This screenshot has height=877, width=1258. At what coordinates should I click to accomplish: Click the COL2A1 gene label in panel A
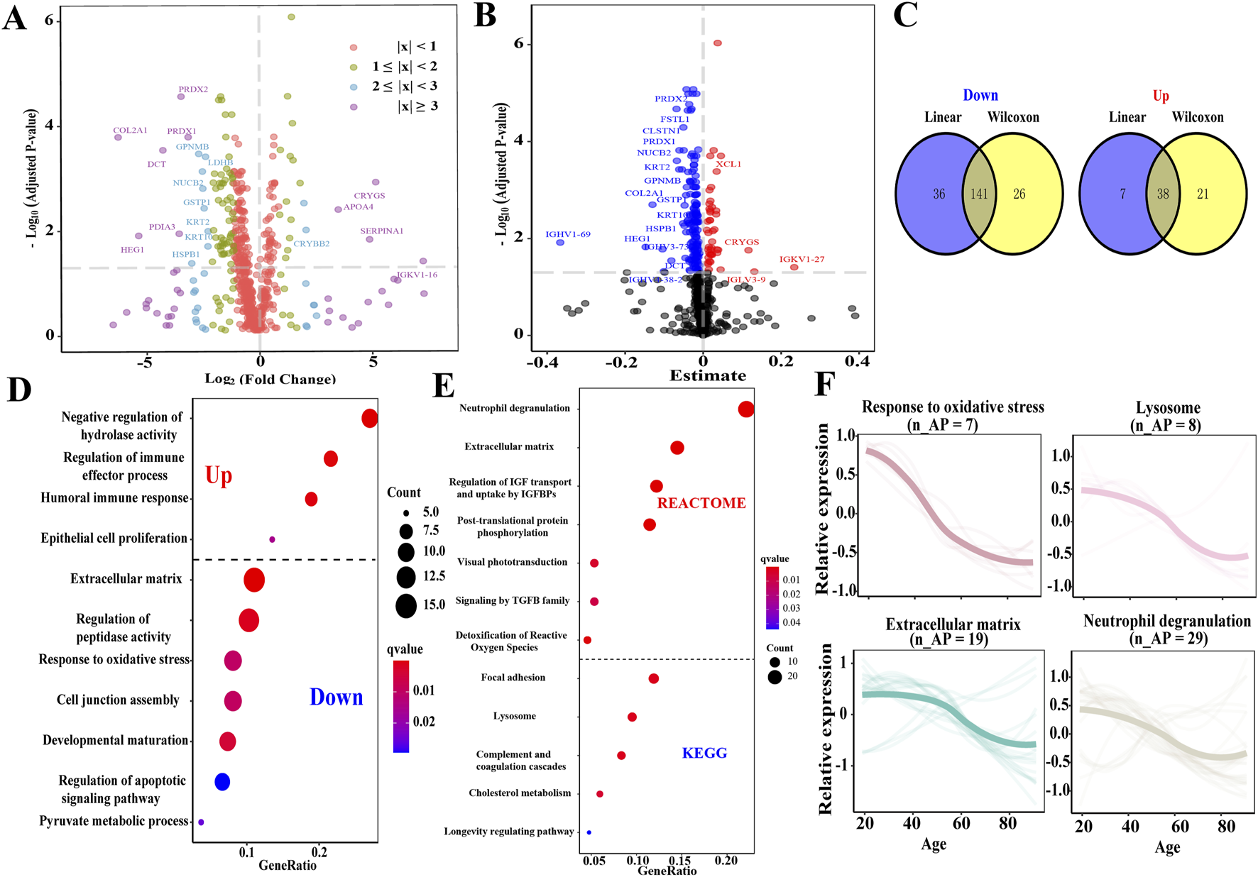[130, 131]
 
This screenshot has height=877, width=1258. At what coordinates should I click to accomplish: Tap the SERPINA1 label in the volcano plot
[381, 231]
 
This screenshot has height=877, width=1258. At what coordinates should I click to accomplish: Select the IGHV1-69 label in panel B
[567, 234]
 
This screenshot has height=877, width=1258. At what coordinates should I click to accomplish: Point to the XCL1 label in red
[728, 165]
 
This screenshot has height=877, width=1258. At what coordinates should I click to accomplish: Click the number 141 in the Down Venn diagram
[979, 194]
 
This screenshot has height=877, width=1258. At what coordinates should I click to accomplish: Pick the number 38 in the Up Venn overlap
[1163, 194]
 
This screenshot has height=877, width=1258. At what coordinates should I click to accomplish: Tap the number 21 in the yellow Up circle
[1203, 194]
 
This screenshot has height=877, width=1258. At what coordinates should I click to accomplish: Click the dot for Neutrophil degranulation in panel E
[745, 409]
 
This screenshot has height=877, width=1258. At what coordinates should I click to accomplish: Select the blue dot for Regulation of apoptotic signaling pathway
[222, 782]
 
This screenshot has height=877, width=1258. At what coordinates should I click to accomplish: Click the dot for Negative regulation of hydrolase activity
[369, 419]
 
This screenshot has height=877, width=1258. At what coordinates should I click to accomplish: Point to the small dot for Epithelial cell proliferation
[272, 540]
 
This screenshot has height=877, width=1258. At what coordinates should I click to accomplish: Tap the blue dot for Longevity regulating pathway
[589, 832]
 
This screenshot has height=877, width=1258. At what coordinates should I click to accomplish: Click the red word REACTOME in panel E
[701, 503]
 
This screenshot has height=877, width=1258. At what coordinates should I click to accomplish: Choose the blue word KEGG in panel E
[704, 754]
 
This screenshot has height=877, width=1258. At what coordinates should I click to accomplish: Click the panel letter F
[824, 385]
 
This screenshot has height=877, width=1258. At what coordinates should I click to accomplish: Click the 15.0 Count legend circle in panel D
[406, 605]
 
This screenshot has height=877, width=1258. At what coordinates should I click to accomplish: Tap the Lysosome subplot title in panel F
[1168, 408]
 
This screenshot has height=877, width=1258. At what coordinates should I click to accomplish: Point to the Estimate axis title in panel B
[707, 376]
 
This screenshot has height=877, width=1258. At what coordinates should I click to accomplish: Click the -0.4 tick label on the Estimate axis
[543, 361]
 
